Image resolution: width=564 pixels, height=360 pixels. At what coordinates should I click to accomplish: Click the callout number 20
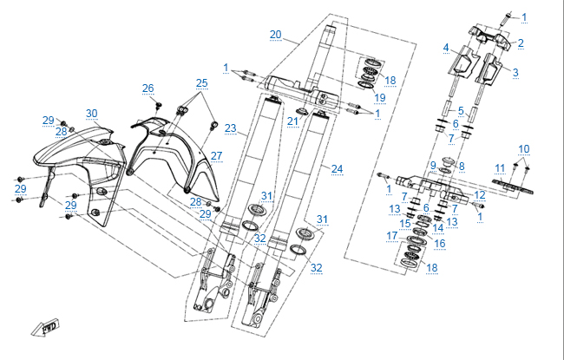point(275,34)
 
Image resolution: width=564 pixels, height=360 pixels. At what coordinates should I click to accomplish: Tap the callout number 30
point(91,114)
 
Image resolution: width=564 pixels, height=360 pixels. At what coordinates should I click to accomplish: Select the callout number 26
point(148,88)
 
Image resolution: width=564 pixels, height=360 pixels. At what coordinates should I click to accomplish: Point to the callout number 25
point(201,83)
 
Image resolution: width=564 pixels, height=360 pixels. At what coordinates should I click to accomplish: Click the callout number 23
point(230,128)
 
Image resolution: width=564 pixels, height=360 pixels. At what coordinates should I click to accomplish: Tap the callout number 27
point(216,156)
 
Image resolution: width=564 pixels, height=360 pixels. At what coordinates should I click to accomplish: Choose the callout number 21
point(292,120)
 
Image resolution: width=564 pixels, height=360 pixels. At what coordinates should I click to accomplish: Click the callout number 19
point(379,97)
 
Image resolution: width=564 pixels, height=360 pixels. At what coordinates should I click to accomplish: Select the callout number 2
point(521,42)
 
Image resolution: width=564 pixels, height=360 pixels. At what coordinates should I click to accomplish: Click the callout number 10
point(523,149)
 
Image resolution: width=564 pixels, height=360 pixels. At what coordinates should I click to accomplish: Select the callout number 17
point(391,235)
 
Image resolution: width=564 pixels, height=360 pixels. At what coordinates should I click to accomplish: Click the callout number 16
point(439,244)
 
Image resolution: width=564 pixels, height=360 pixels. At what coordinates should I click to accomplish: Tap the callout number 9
point(433,166)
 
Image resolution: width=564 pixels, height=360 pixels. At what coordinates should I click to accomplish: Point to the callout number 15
point(405,223)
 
